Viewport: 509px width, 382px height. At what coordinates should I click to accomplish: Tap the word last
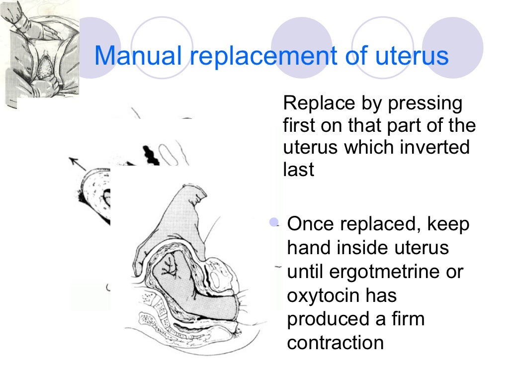click(299, 170)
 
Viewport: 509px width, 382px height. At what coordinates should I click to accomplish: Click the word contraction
click(336, 343)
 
